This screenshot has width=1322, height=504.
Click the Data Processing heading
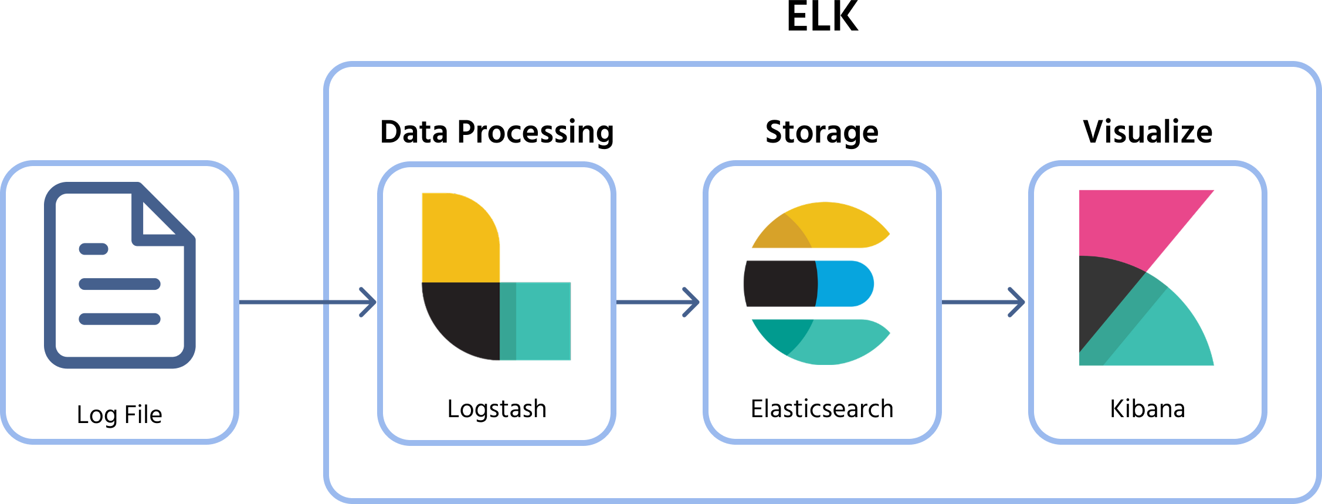pyautogui.click(x=497, y=131)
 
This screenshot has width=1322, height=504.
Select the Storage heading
pyautogui.click(x=822, y=131)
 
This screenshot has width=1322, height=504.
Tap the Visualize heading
pyautogui.click(x=1147, y=131)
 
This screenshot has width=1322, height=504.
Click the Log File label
pyautogui.click(x=119, y=415)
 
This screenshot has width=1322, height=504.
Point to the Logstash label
pyautogui.click(x=497, y=409)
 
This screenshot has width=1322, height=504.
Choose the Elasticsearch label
pyautogui.click(x=822, y=409)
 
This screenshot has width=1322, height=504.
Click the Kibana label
pyautogui.click(x=1147, y=409)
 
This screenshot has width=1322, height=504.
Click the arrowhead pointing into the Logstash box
pyautogui.click(x=370, y=302)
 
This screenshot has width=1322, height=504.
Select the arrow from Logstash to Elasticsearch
pyautogui.click(x=657, y=302)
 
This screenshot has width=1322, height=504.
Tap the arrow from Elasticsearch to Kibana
pyautogui.click(x=982, y=302)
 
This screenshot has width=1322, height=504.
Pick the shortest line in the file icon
pyautogui.click(x=94, y=249)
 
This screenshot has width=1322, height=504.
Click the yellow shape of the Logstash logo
pyautogui.click(x=457, y=238)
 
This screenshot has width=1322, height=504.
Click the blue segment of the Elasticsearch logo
pyautogui.click(x=845, y=283)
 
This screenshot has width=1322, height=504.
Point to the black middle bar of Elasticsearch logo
pyautogui.click(x=780, y=283)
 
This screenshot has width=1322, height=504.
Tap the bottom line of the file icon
pyautogui.click(x=120, y=319)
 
